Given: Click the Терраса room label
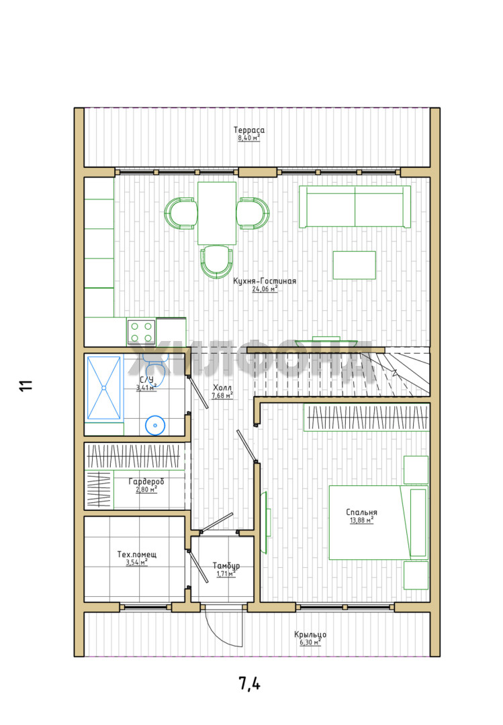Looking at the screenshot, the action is (249, 130).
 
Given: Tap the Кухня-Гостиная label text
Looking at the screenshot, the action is (264, 281).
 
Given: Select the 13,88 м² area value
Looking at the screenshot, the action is (362, 520).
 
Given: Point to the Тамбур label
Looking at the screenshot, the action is (226, 565).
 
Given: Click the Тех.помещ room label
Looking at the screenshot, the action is (136, 554).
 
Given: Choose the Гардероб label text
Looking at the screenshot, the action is (146, 481).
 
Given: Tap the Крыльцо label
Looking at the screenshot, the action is (310, 634).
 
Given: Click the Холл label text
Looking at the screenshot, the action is (222, 387).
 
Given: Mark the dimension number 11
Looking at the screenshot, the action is (26, 385).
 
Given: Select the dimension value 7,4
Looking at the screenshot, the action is (249, 683).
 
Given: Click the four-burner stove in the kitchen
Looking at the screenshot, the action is (142, 332).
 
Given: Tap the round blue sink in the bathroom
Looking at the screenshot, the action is (155, 426).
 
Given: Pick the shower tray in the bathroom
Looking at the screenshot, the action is (103, 387).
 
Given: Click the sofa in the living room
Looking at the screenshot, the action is (355, 207).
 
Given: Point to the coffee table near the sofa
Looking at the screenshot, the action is (355, 265).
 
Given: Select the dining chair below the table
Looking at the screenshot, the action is (216, 261).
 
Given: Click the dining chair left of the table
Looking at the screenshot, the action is (181, 213).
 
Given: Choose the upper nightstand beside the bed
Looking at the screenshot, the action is (416, 470).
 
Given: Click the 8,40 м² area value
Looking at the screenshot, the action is (249, 138).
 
